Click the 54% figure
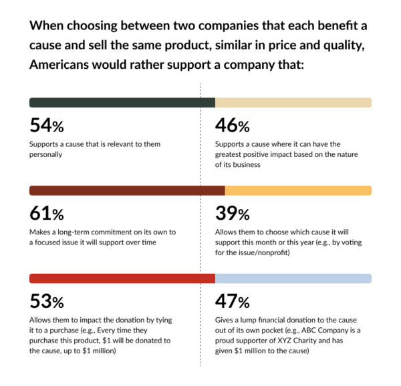(46, 126)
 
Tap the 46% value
(232, 126)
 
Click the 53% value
(46, 301)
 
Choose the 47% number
(232, 301)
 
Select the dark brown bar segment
(127, 190)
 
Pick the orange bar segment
(298, 190)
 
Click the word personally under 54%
(46, 154)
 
